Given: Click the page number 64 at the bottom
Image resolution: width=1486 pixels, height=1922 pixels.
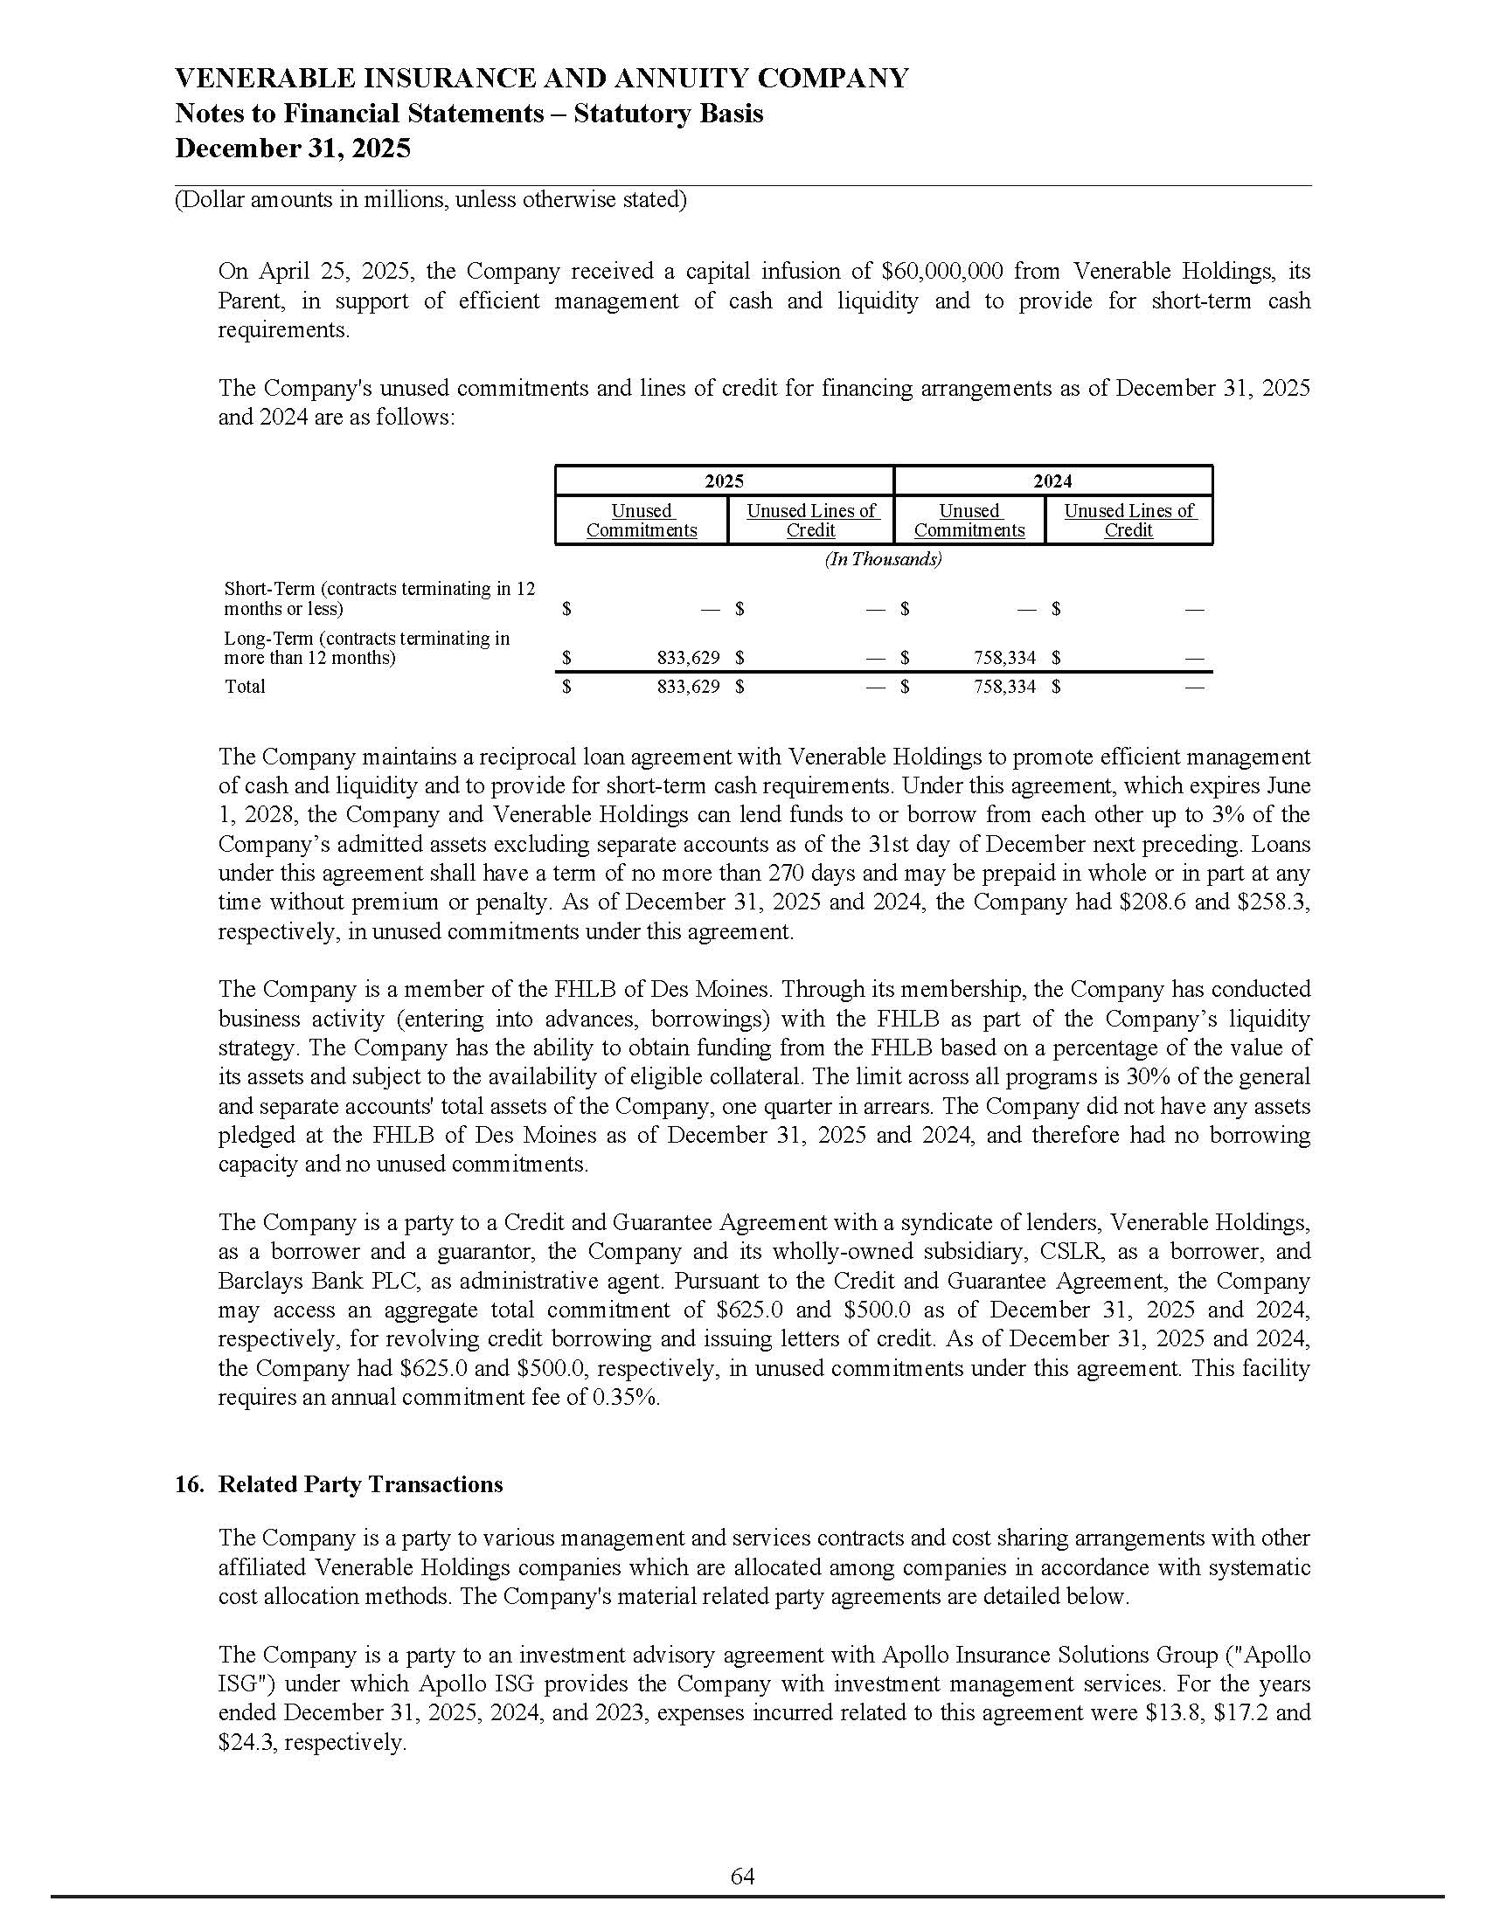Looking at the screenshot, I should tap(742, 1877).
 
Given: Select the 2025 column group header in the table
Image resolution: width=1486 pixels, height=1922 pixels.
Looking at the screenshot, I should tap(724, 480).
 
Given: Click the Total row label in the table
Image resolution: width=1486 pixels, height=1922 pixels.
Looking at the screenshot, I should tap(245, 687).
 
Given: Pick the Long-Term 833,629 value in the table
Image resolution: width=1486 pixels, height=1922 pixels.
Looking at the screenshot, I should tap(689, 657).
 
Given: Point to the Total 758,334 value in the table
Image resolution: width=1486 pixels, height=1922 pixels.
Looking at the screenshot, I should tap(1004, 687).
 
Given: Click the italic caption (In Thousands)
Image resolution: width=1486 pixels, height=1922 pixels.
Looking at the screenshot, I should tap(883, 559).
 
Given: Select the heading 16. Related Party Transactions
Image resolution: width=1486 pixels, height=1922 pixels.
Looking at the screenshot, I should tap(339, 1483).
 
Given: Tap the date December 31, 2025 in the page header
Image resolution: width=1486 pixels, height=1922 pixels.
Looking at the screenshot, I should tap(292, 148).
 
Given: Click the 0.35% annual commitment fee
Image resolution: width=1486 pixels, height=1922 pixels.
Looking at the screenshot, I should tap(627, 1397).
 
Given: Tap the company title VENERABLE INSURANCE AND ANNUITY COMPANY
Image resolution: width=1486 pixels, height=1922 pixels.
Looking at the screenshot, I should tap(541, 79).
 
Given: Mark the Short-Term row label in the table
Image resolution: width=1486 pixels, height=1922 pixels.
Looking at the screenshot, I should tap(379, 598).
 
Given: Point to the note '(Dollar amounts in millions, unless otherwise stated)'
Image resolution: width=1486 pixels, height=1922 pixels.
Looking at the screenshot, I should tap(430, 200).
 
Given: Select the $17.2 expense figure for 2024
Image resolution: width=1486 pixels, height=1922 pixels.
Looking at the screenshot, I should tap(1239, 1712).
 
